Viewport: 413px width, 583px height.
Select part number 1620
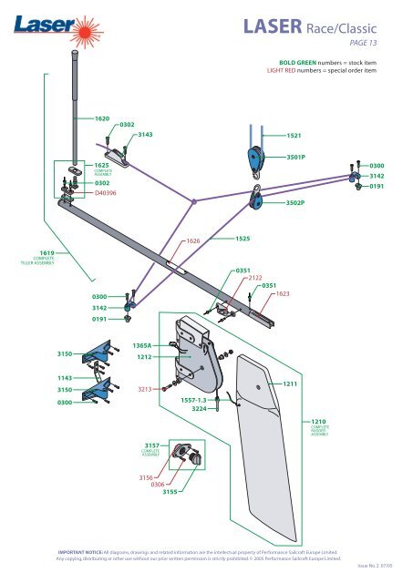(x=102, y=119)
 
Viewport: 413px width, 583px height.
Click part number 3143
(x=144, y=134)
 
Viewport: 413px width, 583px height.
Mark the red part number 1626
(x=192, y=241)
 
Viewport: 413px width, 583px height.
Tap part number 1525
(x=243, y=238)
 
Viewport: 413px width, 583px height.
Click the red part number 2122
(x=255, y=278)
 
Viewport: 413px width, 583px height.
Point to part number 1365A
(x=142, y=346)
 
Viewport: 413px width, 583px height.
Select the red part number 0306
(x=158, y=485)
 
